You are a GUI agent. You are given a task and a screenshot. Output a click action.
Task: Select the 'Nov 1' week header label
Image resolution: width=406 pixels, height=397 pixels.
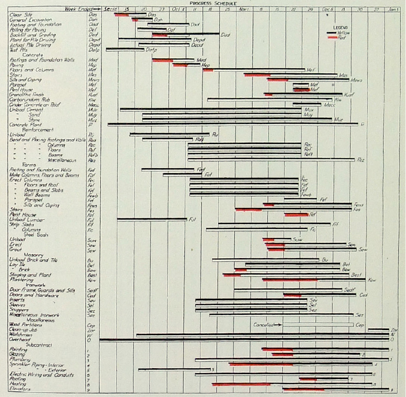click(244, 9)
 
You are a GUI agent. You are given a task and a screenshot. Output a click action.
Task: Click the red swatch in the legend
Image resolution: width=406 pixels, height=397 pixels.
click(332, 37)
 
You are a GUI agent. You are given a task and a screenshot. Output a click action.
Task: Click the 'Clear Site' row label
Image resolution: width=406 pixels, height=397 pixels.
click(20, 14)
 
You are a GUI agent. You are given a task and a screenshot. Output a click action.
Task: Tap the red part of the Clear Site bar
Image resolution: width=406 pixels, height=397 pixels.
click(121, 15)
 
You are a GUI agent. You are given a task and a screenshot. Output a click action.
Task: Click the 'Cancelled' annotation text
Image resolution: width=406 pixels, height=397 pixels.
click(263, 325)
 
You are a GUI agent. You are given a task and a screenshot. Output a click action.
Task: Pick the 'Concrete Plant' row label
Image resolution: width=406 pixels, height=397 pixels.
click(23, 124)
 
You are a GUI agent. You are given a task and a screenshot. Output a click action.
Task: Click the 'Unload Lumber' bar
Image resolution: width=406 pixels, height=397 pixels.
click(152, 219)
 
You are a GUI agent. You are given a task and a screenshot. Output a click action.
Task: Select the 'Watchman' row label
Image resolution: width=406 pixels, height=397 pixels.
click(19, 334)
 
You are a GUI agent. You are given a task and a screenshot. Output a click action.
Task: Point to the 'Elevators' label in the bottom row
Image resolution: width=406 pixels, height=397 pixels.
click(20, 389)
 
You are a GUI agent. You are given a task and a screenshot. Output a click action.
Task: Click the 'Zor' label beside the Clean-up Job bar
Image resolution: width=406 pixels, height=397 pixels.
click(393, 330)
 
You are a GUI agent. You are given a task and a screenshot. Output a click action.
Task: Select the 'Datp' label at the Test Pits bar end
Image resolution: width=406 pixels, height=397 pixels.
click(152, 50)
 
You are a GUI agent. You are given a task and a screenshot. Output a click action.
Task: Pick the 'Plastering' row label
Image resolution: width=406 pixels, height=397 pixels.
click(21, 280)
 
